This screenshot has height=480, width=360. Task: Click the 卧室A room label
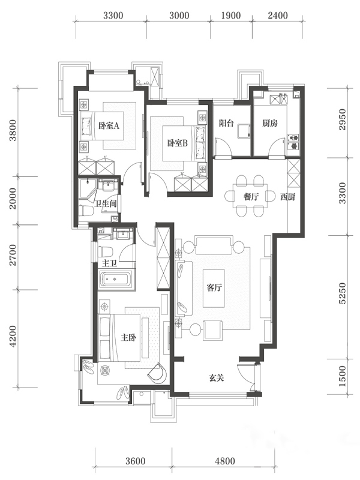109,125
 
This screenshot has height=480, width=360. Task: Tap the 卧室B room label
177,143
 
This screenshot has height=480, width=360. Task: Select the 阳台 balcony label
226,123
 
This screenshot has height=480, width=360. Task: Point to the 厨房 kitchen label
270,123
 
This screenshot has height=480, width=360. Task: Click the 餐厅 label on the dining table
251,197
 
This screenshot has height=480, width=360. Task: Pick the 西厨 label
287,197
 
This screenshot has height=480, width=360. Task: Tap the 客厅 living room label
214,288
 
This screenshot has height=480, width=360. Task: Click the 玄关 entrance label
217,378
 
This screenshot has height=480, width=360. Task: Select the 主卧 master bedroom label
128,337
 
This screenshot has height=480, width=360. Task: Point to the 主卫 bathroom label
109,263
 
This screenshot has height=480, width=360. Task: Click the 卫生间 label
106,203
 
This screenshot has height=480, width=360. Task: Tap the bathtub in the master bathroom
116,278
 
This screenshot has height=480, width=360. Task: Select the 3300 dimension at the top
113,16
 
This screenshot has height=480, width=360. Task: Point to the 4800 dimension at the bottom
225,460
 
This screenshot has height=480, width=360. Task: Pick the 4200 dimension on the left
13,337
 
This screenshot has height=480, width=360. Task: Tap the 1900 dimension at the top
231,16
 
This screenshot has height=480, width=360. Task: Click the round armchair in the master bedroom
157,372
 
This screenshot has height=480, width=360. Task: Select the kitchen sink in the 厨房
278,99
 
